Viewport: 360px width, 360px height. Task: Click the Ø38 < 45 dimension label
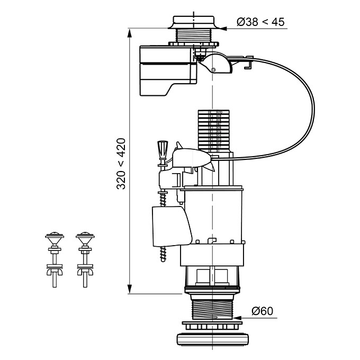(260, 22)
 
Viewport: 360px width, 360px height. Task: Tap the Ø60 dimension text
(262, 311)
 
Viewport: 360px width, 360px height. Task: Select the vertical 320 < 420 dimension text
(121, 164)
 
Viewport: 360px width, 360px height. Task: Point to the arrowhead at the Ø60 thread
(237, 318)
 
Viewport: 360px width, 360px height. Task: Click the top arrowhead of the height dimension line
(130, 33)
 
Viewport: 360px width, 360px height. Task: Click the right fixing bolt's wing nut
(85, 272)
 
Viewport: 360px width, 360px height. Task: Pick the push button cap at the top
(194, 22)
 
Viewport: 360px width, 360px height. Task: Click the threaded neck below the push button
(194, 35)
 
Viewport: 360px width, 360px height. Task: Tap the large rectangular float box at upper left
(168, 70)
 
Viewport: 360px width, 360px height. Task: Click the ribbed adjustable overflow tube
(213, 131)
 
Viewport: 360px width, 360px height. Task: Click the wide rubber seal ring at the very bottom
(213, 338)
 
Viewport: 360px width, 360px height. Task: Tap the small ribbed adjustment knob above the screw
(163, 150)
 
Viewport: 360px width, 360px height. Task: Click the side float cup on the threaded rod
(172, 226)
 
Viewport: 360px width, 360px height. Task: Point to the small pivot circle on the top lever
(213, 70)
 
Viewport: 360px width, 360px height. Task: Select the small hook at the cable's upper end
(248, 62)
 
